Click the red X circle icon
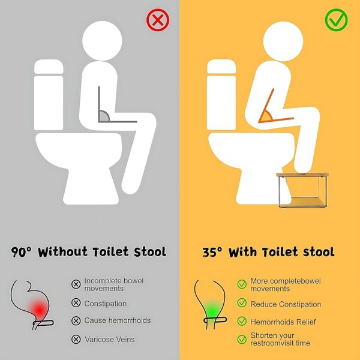click(158, 20)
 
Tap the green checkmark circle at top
click(336, 20)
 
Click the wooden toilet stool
click(302, 190)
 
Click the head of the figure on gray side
click(102, 41)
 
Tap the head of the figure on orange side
click(283, 41)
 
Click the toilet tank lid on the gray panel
click(49, 67)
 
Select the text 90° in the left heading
click(21, 252)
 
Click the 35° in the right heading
click(212, 252)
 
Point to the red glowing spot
click(39, 310)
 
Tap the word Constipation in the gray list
click(106, 304)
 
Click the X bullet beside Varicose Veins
click(76, 339)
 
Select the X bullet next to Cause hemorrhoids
click(76, 320)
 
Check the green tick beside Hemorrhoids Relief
click(242, 321)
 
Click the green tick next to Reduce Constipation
click(242, 303)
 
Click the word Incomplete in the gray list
click(103, 281)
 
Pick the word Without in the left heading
click(62, 252)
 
